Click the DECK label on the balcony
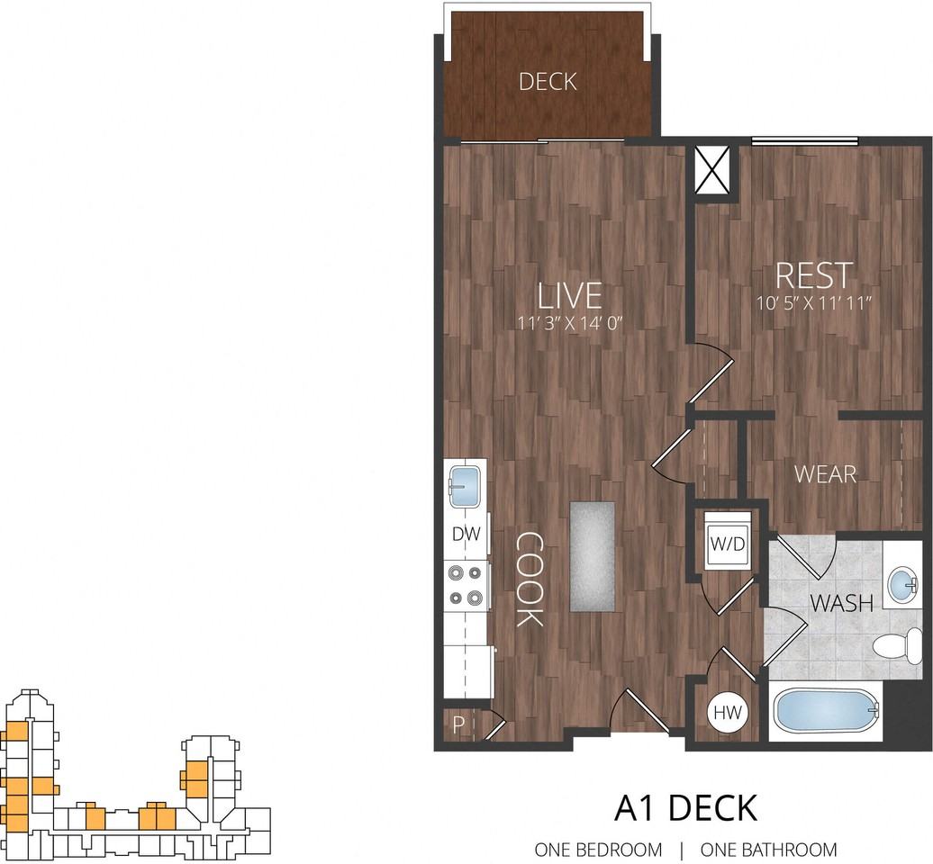tap(548, 82)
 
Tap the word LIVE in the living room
tap(569, 295)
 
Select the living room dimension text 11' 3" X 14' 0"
tap(569, 320)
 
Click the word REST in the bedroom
tap(813, 274)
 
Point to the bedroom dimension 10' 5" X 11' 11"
tap(814, 302)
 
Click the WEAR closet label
tap(825, 473)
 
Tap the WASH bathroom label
tap(840, 603)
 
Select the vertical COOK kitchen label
tap(529, 579)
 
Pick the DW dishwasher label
tap(466, 535)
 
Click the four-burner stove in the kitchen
tap(466, 584)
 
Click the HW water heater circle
tap(727, 713)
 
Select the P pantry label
tap(458, 725)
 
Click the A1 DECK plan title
tap(685, 807)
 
